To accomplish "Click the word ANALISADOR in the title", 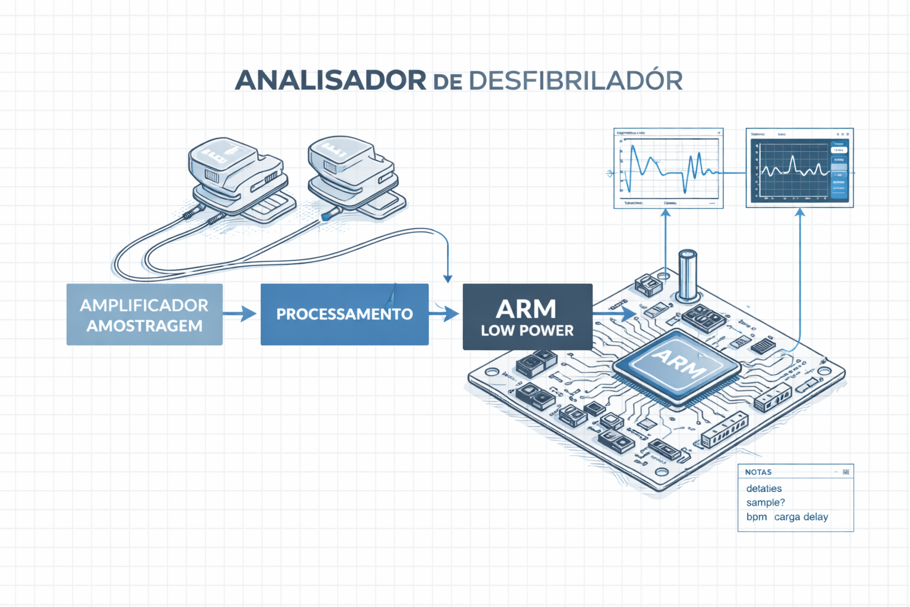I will (330, 81).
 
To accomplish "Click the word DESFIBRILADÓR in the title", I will (575, 81).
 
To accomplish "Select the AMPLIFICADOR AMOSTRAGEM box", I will (145, 315).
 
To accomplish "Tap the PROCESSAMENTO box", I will (344, 314).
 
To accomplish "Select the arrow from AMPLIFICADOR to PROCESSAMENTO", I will (241, 314).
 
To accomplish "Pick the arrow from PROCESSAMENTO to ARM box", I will (444, 314).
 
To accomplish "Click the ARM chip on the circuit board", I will (677, 366).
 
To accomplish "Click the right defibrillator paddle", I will (352, 171).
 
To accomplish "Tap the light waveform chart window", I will (668, 168).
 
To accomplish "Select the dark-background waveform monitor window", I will (799, 168).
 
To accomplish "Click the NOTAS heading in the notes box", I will (758, 472).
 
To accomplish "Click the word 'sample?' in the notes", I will (765, 503).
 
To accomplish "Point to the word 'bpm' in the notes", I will (757, 517).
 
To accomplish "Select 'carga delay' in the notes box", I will (801, 517).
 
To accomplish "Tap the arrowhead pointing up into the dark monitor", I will (800, 213).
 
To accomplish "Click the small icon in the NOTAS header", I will (845, 472).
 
